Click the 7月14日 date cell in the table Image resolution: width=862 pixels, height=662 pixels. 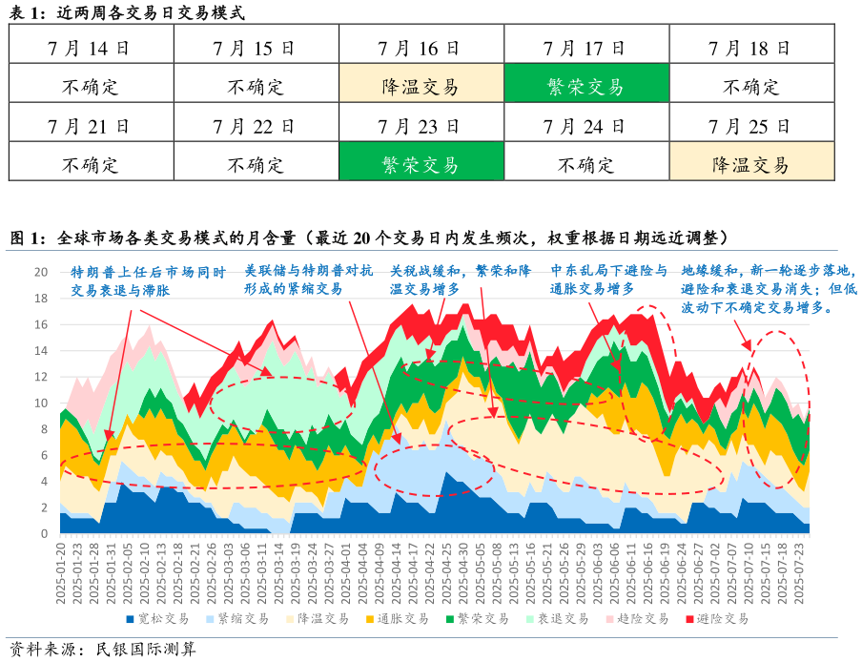[91, 47]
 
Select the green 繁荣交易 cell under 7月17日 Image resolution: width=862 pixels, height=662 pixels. [585, 87]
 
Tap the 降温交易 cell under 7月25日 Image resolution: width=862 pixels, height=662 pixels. [750, 164]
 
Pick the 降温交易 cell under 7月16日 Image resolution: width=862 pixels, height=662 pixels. [421, 87]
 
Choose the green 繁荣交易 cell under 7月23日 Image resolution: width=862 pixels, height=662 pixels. [421, 164]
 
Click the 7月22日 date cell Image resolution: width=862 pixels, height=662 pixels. [256, 126]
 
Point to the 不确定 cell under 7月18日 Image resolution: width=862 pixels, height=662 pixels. [750, 87]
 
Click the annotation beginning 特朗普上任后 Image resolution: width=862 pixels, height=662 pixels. [149, 280]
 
